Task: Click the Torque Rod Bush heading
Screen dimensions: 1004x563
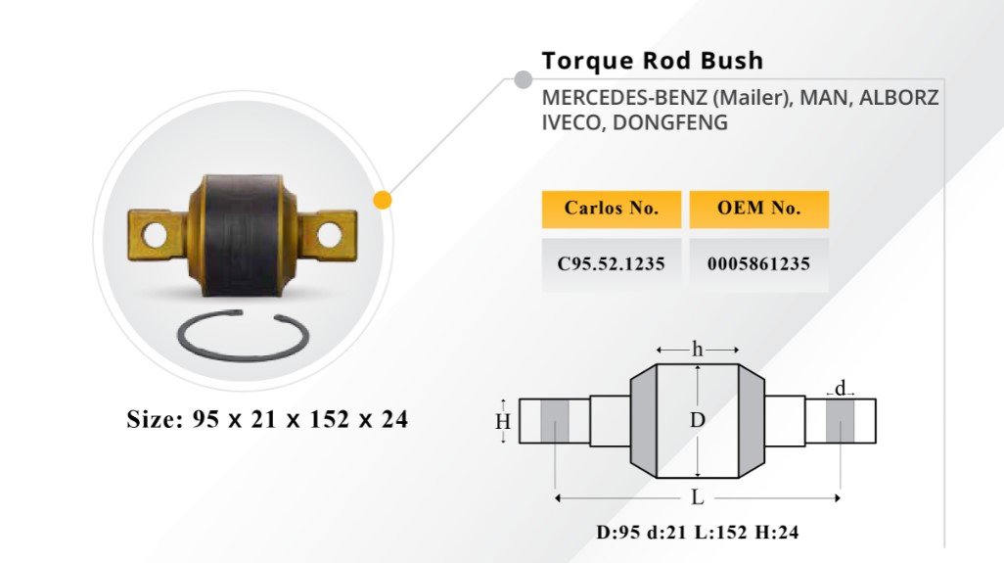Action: point(653,61)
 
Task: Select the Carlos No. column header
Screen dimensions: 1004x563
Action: point(612,209)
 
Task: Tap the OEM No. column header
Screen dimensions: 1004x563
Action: point(758,209)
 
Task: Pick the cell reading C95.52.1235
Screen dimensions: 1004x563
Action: point(612,264)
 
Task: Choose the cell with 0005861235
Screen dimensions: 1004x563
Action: point(758,264)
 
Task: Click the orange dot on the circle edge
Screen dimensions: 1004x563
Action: point(383,200)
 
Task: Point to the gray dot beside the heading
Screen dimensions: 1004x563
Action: point(524,79)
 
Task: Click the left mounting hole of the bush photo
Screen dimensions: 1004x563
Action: point(155,235)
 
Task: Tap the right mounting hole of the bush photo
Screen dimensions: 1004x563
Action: point(329,235)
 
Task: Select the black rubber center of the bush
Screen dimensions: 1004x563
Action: point(243,236)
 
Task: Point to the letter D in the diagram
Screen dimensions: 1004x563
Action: point(698,420)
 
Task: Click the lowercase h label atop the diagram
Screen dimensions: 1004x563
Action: point(698,350)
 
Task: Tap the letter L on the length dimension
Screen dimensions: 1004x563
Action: point(698,497)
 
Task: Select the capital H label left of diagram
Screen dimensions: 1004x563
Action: point(503,421)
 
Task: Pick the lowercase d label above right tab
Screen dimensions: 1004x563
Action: point(840,388)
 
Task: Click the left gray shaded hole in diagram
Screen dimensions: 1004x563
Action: point(555,421)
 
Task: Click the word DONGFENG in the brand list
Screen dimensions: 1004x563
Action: point(669,122)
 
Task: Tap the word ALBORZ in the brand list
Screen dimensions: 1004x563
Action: point(898,97)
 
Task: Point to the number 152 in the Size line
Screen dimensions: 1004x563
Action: point(329,419)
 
